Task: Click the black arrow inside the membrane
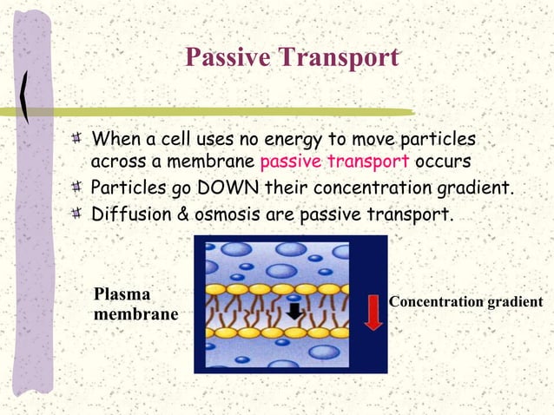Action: [x=295, y=311]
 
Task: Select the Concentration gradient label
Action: [x=465, y=302]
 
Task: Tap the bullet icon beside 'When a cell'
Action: [x=79, y=140]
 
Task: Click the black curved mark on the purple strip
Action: [x=31, y=95]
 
